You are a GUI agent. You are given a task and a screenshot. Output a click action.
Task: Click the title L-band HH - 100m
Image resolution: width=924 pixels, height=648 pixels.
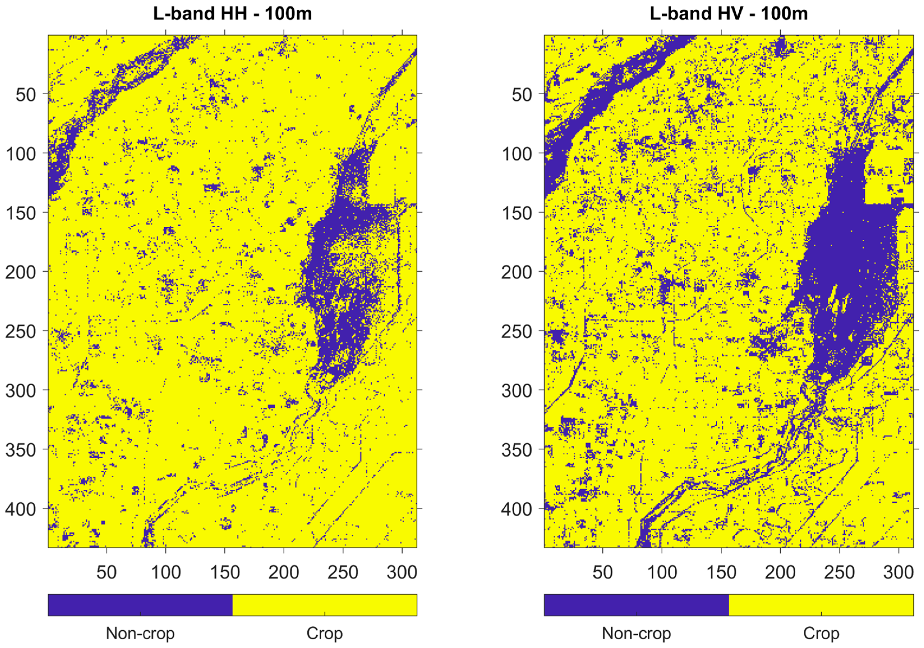click(x=232, y=14)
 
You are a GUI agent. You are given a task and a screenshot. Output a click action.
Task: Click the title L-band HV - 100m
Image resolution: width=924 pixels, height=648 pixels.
click(x=729, y=14)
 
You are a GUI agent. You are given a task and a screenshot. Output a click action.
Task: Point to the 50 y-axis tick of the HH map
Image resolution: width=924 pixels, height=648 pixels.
click(x=26, y=95)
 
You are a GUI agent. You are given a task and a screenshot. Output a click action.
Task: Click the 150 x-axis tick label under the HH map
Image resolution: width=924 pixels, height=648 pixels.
click(x=225, y=572)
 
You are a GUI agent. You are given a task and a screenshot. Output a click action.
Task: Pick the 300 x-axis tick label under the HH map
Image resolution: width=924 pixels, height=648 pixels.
click(x=402, y=572)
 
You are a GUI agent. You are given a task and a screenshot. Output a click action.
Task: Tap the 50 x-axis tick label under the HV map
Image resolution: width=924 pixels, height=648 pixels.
click(x=602, y=572)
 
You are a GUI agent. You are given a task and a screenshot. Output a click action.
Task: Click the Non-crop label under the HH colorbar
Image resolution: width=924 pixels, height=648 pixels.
click(x=140, y=633)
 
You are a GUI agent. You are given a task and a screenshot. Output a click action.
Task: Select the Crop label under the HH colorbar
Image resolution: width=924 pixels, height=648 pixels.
click(x=324, y=633)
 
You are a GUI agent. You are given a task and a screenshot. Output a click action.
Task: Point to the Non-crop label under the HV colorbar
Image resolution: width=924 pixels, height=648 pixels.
click(x=636, y=633)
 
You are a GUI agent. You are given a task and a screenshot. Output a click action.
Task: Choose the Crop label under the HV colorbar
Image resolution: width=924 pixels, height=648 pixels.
click(x=821, y=633)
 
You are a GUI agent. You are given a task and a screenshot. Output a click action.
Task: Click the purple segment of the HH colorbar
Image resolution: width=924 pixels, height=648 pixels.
click(x=140, y=605)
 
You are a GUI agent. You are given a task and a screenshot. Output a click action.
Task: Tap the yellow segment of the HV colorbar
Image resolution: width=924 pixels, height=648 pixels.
click(x=821, y=605)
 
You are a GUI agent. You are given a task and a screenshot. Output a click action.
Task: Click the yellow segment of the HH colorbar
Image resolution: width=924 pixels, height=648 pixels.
click(x=324, y=605)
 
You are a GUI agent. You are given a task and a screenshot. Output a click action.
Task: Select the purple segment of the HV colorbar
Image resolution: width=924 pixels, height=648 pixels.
click(x=636, y=605)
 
